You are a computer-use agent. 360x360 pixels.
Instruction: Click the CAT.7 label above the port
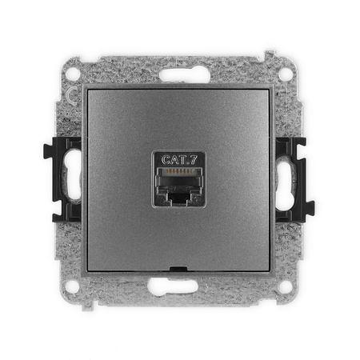[x=179, y=159]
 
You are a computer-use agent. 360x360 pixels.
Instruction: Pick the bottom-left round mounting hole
[x=74, y=285]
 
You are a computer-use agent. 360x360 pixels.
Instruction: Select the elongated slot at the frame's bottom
[x=179, y=286]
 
